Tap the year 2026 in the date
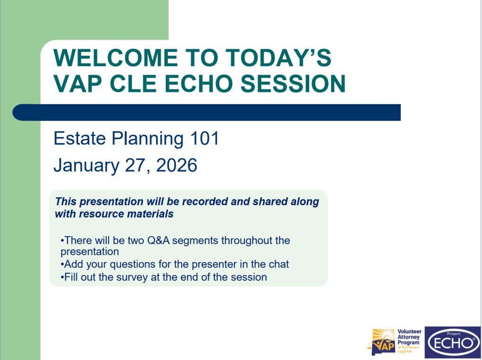tap(177, 165)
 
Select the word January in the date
tap(86, 166)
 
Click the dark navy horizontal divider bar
tap(206, 113)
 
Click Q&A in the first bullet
tap(158, 240)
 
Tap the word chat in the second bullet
tap(279, 264)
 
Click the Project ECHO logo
tap(453, 342)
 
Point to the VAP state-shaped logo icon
tap(382, 342)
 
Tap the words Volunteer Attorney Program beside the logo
tap(409, 337)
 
